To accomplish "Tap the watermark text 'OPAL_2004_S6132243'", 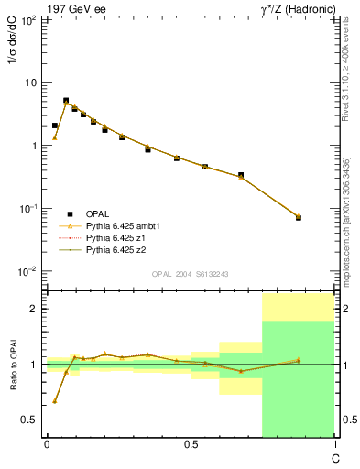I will pyautogui.click(x=190, y=274).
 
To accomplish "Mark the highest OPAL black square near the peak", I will pyautogui.click(x=66, y=101).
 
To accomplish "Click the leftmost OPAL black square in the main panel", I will pyautogui.click(x=55, y=125).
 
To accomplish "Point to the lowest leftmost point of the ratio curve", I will pyautogui.click(x=55, y=401).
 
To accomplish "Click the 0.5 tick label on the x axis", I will pyautogui.click(x=190, y=444).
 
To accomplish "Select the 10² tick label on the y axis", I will pyautogui.click(x=29, y=19).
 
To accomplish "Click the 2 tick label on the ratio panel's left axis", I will pyautogui.click(x=35, y=309).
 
